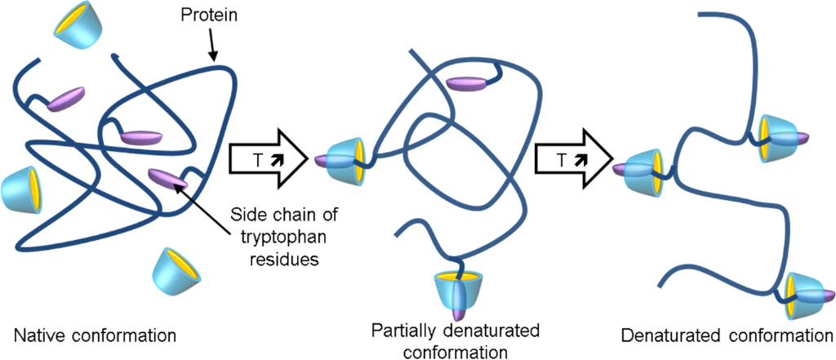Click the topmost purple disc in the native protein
[x=67, y=100]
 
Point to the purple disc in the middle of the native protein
[x=144, y=136]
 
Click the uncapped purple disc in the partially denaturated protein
[x=469, y=82]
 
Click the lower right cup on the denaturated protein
[x=804, y=296]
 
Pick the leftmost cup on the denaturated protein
[x=643, y=171]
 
